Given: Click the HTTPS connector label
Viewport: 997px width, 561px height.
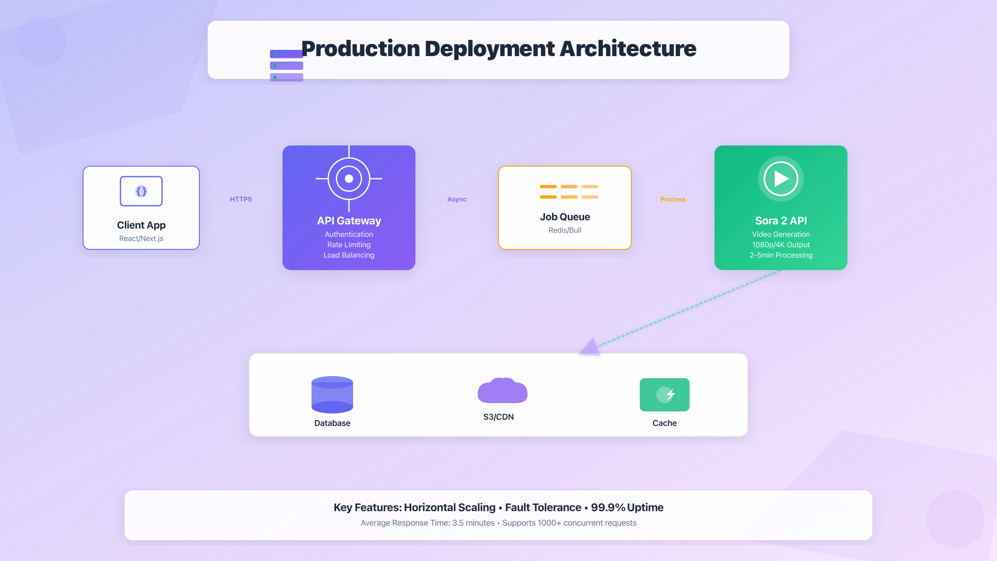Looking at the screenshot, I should point(241,199).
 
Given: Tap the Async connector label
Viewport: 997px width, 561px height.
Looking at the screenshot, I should point(457,199).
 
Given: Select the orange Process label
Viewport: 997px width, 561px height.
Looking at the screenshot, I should point(673,199).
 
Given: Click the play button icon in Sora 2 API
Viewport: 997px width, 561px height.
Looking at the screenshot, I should point(781,179).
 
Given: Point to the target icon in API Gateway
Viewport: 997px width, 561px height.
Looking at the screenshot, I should point(349,179).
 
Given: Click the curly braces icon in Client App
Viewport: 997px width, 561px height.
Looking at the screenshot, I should point(141,191).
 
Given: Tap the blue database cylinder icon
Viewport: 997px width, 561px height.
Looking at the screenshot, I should point(332,394).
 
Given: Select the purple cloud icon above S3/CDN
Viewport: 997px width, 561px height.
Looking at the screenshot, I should point(502,391).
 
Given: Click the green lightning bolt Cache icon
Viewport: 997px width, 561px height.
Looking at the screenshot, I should point(665,394).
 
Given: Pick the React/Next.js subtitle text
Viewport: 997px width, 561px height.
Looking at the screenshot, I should point(141,239).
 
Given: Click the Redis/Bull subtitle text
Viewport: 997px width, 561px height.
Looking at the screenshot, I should point(565,230).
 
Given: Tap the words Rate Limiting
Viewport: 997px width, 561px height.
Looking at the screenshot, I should point(349,245).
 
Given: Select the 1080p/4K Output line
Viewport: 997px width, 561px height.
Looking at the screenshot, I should point(781,245).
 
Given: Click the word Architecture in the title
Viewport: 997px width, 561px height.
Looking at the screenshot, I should point(628,49).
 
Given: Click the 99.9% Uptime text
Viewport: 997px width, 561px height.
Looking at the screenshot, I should point(627,507).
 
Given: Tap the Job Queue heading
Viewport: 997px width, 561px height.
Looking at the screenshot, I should point(565,217).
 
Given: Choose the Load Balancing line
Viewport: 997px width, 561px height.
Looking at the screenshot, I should point(349,255).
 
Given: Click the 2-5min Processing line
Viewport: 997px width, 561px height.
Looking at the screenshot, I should point(781,255).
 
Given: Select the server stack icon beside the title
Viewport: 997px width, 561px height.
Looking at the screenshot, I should point(287,66).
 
